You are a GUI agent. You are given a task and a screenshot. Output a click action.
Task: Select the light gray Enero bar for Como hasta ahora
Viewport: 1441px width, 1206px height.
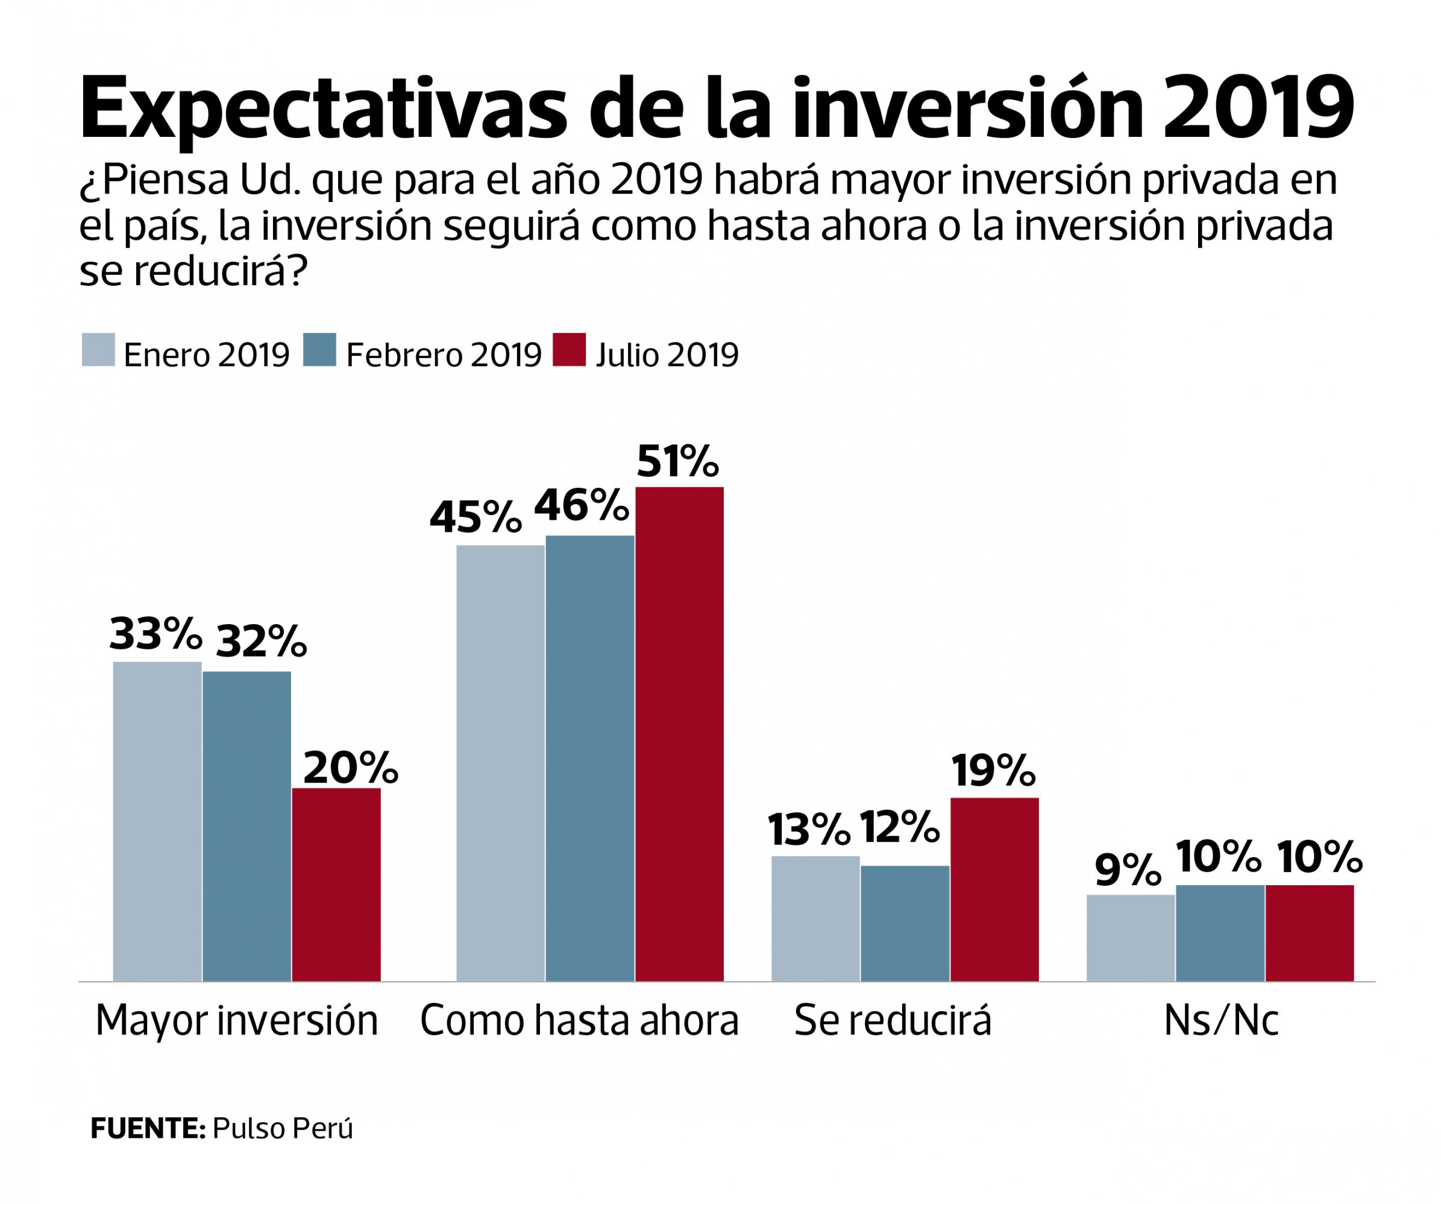pos(500,763)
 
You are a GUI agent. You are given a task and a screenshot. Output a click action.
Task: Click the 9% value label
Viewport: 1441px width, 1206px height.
pos(1128,870)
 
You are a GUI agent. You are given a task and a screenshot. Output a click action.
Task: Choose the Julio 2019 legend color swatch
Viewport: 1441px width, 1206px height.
pos(570,350)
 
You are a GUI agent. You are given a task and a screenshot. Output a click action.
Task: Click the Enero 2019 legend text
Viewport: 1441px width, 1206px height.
pos(207,355)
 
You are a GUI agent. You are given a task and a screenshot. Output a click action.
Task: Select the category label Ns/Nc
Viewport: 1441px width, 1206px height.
pos(1221,1021)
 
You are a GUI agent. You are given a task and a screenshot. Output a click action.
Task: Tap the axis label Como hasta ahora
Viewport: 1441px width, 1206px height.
pos(579,1021)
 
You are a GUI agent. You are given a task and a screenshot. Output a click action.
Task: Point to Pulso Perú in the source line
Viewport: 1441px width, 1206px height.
pos(283,1129)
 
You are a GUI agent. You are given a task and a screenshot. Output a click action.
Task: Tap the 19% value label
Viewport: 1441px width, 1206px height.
pos(993,771)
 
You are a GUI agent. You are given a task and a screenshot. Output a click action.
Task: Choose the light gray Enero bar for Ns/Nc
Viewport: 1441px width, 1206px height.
pos(1131,938)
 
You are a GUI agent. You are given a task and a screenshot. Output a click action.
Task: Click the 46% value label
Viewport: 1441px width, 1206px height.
pos(581,507)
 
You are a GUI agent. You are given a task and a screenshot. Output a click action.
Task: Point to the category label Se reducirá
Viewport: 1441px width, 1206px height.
pos(893,1021)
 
